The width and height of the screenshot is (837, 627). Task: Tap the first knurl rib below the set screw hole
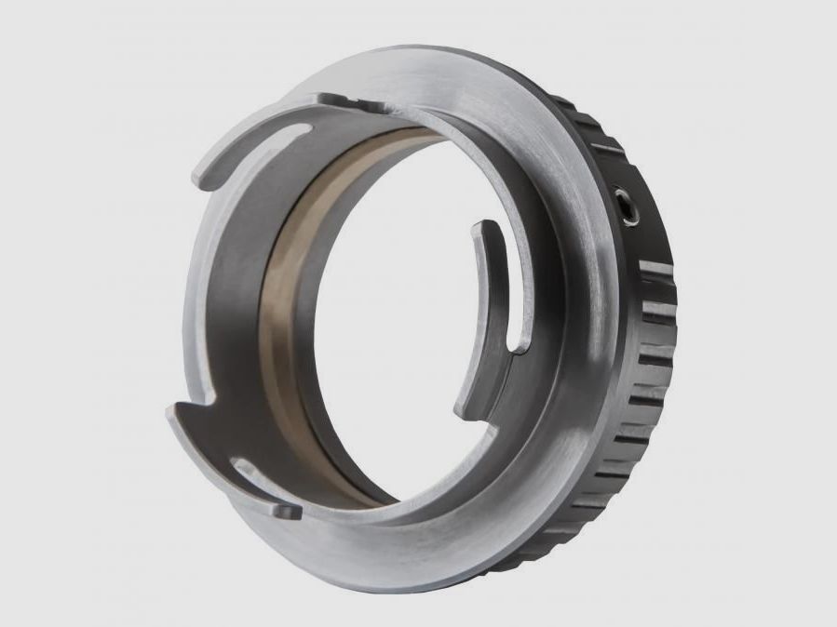655,271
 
